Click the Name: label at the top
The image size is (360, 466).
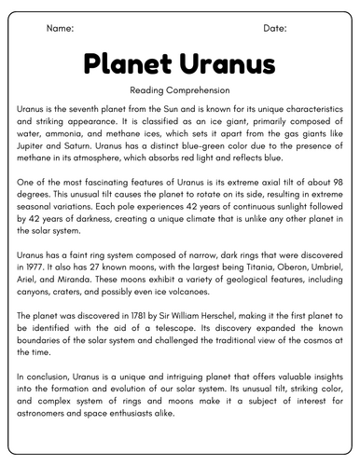60,29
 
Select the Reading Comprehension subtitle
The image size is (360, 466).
180,89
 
